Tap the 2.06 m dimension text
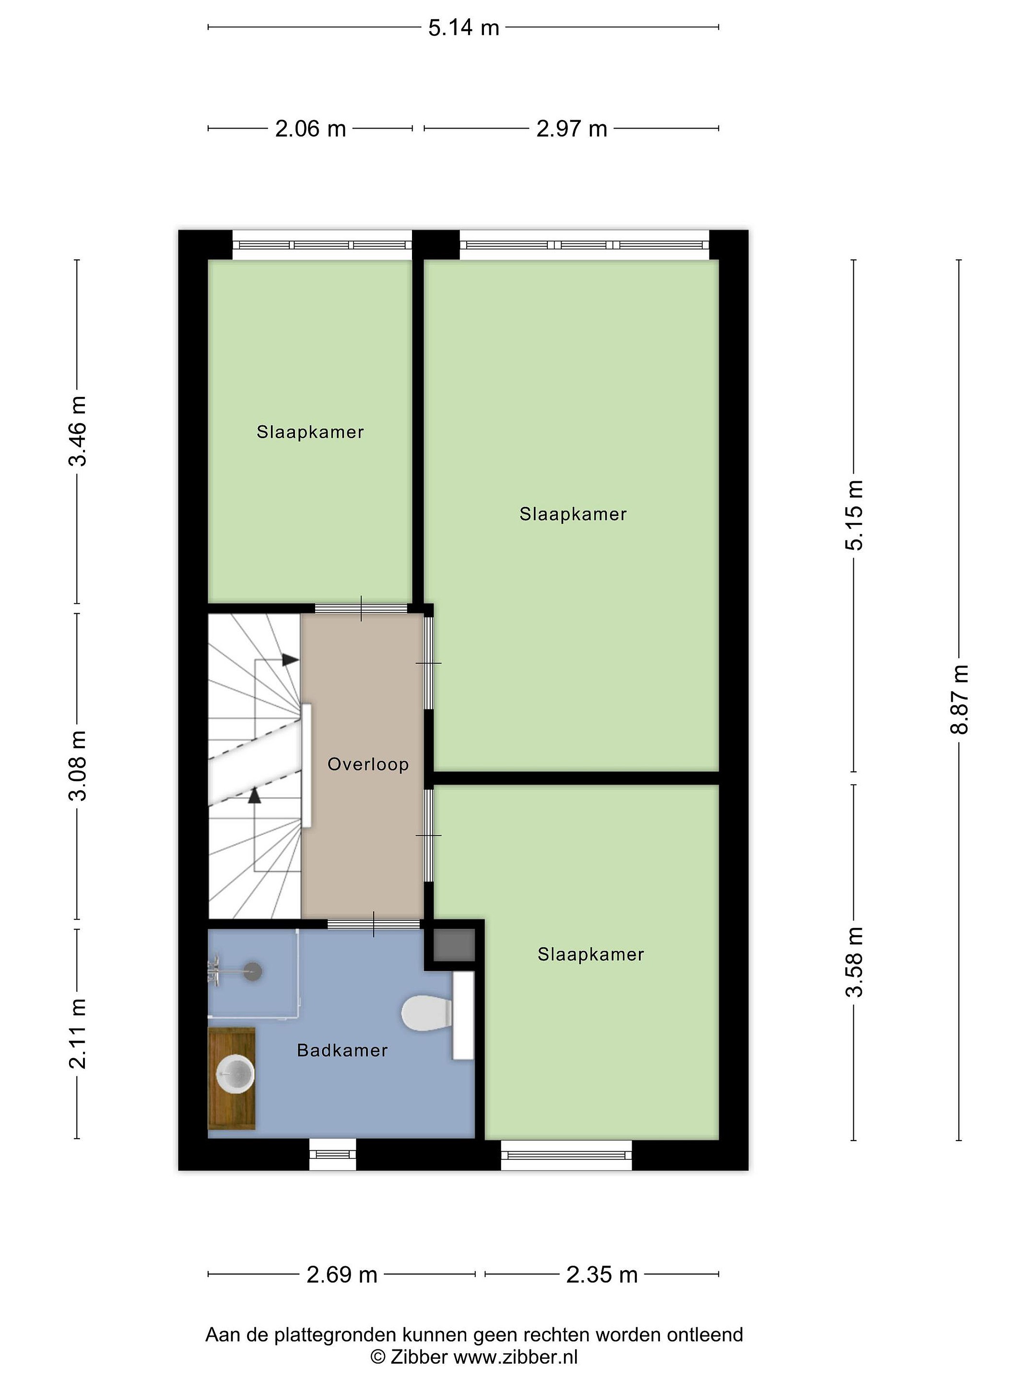[x=310, y=129]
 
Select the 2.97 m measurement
[x=571, y=129]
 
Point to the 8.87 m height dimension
[x=959, y=699]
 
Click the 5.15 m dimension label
[x=854, y=515]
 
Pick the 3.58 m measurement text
[x=854, y=962]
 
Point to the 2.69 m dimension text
[x=341, y=1275]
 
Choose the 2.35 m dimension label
[x=602, y=1275]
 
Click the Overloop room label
[x=368, y=764]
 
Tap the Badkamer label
[x=342, y=1050]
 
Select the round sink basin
[x=235, y=1074]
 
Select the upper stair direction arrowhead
[x=290, y=659]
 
